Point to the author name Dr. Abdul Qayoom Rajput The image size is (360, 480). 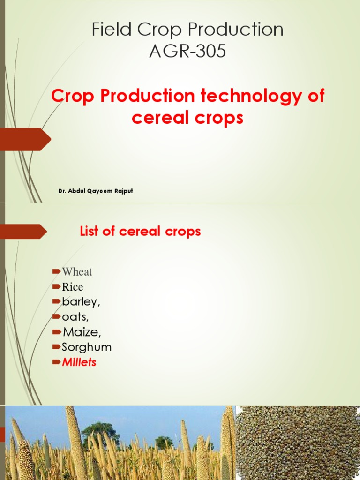[x=96, y=191]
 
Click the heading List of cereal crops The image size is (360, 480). [x=141, y=231]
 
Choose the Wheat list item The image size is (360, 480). [x=77, y=272]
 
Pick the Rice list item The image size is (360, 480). [x=73, y=287]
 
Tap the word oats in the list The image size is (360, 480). [x=75, y=317]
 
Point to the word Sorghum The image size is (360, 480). [x=87, y=347]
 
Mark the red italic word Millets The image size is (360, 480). [x=79, y=362]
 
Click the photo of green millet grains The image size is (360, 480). [x=298, y=443]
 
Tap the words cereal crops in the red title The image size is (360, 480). [x=187, y=118]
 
